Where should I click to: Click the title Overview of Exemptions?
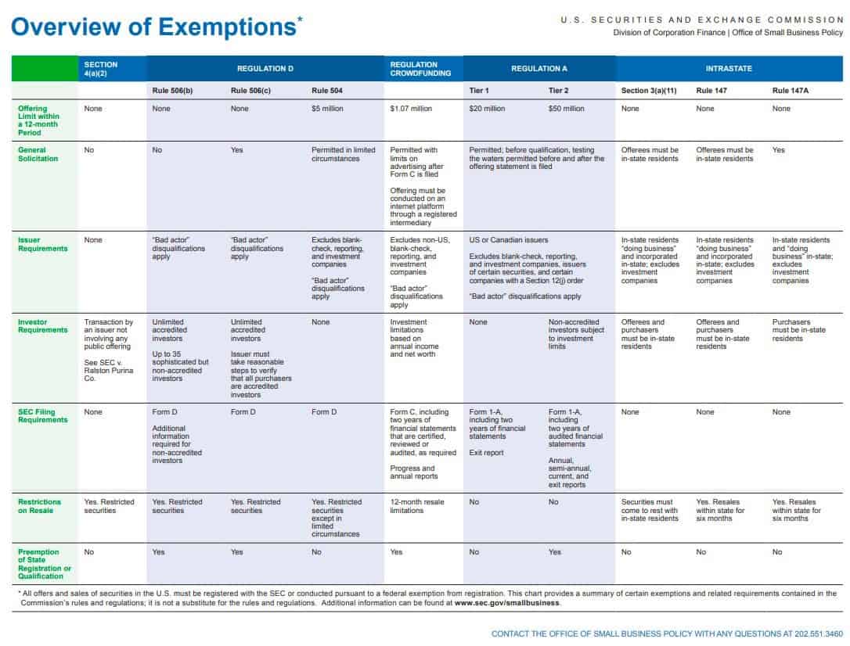coord(153,27)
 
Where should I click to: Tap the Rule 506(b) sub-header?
coord(172,91)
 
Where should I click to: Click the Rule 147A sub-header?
coord(790,91)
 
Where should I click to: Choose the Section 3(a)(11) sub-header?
coord(649,91)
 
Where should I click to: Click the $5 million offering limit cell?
coord(327,109)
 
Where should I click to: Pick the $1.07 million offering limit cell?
coord(411,109)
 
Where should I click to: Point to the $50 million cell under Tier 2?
coord(567,109)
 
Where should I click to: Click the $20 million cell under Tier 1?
coord(487,109)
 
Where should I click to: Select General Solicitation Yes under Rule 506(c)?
coord(237,150)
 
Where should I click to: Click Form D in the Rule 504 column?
coord(323,412)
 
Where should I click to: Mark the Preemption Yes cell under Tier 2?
coord(555,552)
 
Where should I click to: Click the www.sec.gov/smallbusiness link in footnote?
coord(506,603)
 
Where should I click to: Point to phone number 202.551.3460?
coord(824,633)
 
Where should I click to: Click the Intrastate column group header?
coord(729,69)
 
